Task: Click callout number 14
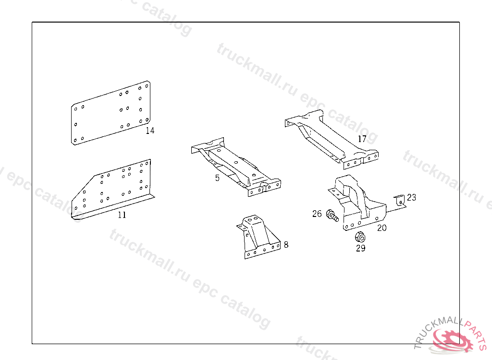(150, 131)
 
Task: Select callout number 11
(122, 215)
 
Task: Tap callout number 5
(217, 178)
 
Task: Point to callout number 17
(362, 139)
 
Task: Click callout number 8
(286, 245)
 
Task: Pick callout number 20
(381, 228)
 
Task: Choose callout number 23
(411, 197)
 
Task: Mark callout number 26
(317, 214)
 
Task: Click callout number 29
(360, 248)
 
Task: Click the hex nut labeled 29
(360, 237)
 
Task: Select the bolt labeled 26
(332, 216)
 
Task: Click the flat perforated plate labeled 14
(111, 113)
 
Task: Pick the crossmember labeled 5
(236, 167)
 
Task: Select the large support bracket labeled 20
(357, 203)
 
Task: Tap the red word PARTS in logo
(476, 333)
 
